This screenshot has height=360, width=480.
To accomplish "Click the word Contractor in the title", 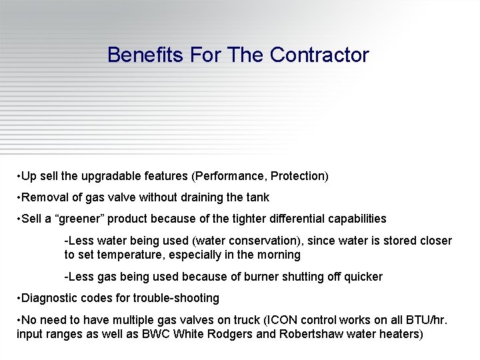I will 319,55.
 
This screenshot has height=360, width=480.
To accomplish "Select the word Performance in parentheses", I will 225,177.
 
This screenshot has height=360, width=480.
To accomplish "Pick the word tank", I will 257,197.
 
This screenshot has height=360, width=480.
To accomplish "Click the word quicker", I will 362,277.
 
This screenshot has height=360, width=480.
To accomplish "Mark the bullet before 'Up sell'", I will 19,177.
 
